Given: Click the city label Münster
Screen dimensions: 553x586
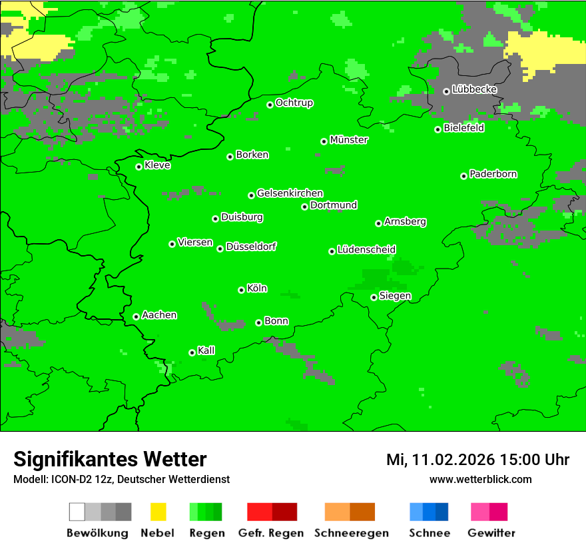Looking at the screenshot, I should tap(349, 140).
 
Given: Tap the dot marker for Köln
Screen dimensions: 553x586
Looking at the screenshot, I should tap(241, 290).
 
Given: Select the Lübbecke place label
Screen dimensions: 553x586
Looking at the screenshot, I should tap(474, 89).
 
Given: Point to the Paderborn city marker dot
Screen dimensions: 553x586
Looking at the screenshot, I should tap(463, 176).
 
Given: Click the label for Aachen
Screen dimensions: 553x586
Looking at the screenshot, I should tap(159, 315).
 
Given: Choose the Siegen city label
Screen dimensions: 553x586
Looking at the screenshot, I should tap(395, 296).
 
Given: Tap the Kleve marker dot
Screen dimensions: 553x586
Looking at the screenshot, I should tap(139, 167).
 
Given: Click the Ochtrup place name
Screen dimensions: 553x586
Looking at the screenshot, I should tap(294, 103).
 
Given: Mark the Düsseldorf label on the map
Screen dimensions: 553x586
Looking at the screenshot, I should tap(251, 247).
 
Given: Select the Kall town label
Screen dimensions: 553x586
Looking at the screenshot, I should tap(206, 350).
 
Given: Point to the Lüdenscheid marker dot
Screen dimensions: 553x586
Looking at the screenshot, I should tap(332, 251).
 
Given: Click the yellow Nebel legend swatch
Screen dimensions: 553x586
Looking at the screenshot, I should tap(158, 512).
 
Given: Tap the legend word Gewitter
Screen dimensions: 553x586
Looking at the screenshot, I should tap(491, 533).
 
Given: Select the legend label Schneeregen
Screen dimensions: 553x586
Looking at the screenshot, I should tap(352, 533).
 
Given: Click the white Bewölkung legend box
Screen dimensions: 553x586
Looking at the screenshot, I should tap(77, 512).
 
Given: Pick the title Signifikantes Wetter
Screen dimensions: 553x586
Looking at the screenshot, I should tap(110, 459).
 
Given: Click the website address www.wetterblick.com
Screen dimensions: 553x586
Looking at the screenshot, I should tap(480, 479).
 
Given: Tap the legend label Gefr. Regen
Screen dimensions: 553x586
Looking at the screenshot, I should tap(271, 533).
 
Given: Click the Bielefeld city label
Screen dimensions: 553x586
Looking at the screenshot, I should tap(464, 128).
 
